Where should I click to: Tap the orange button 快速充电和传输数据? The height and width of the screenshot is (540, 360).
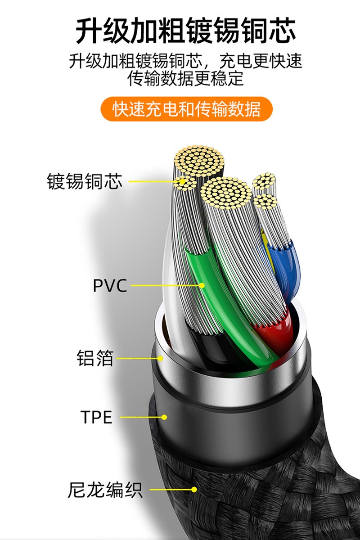186,109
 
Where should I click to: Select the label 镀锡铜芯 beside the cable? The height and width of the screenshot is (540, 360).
85,182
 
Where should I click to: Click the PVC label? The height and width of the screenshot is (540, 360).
110,285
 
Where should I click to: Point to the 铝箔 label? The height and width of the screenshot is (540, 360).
95,359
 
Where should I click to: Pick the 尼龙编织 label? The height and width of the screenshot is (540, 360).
105,490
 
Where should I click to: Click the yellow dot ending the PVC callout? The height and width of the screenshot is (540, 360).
202,285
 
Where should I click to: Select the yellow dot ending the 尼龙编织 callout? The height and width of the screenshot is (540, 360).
194,490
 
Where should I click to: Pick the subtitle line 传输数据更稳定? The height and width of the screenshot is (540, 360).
186,78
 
